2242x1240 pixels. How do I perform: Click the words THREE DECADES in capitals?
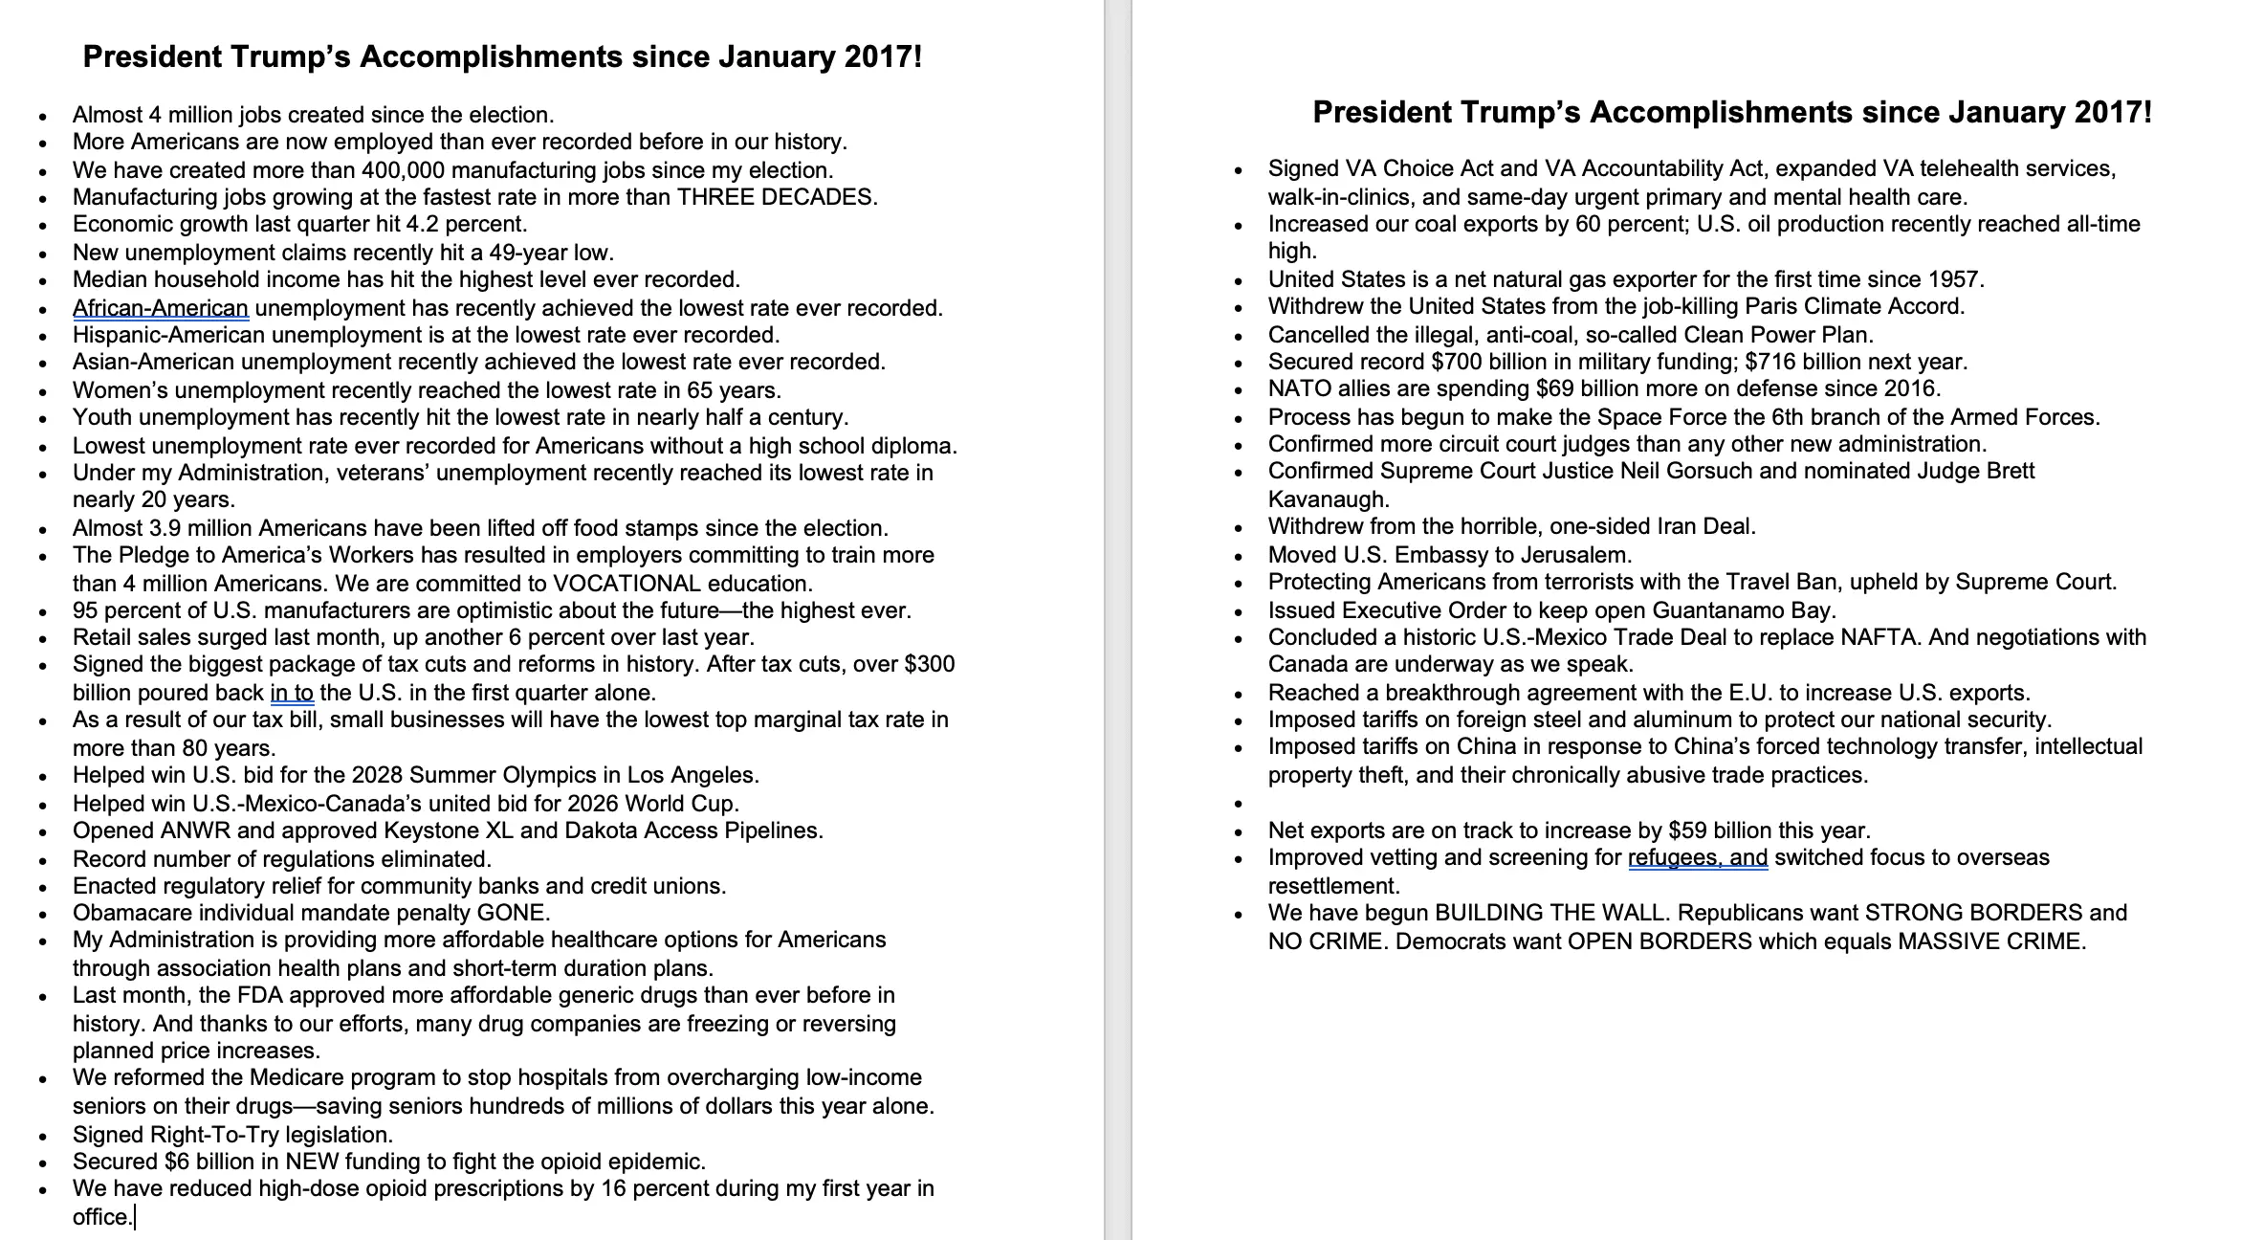(776, 197)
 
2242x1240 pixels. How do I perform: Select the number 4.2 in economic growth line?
(431, 225)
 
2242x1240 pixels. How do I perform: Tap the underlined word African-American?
(161, 308)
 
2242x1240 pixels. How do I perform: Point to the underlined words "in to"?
(292, 693)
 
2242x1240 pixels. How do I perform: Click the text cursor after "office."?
(136, 1217)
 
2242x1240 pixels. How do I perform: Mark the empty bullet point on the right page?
(1239, 805)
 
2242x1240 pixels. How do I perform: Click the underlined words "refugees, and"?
(1698, 858)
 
